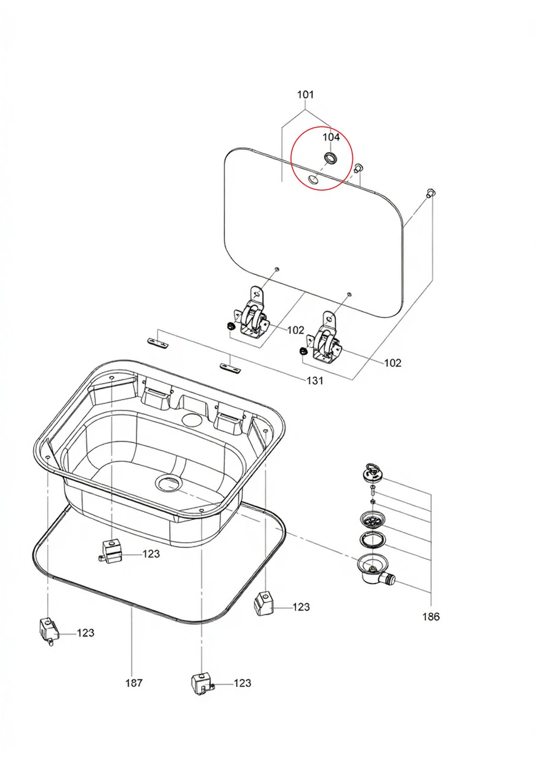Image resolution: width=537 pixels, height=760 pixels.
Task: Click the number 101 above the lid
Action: pos(306,94)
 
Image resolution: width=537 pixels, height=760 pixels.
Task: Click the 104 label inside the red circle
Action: pos(331,137)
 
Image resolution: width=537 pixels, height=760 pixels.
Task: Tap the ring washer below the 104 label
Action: pos(330,158)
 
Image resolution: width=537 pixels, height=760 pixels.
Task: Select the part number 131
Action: pos(314,381)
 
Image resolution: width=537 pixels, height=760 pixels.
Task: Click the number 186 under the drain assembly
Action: pos(431,617)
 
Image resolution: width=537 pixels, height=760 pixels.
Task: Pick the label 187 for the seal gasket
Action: pos(134,683)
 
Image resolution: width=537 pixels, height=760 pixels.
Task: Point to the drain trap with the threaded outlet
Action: pos(374,571)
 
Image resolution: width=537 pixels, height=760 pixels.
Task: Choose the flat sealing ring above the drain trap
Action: pos(371,540)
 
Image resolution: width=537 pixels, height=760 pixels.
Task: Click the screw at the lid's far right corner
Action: pos(431,192)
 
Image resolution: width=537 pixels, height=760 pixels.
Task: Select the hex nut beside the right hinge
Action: pos(303,353)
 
